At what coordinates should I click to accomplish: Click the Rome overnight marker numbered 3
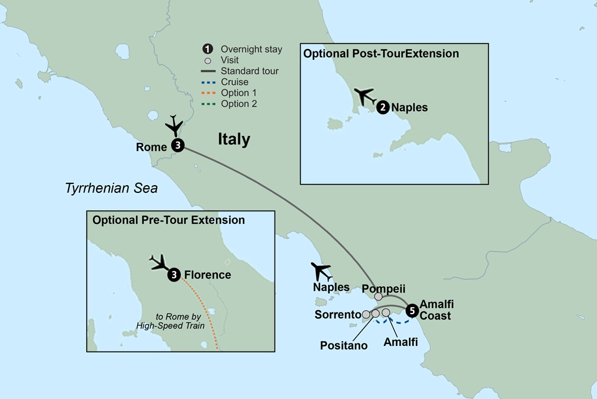177,146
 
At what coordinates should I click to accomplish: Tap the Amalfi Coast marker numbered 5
412,311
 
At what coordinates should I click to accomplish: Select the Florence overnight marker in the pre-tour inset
174,275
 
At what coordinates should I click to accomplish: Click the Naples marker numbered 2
382,108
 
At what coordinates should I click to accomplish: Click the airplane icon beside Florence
158,263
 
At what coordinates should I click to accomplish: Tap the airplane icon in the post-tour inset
364,96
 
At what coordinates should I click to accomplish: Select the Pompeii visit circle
378,297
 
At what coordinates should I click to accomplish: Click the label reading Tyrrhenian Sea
111,189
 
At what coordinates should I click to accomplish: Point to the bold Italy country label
233,140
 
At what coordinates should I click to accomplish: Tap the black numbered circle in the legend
208,50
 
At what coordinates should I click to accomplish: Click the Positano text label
343,345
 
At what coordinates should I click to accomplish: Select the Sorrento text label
337,314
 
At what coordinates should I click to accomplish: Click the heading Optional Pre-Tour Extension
168,220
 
